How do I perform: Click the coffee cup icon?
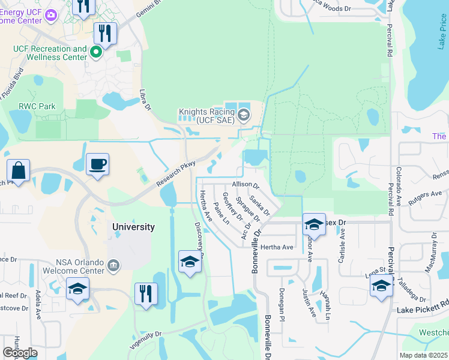[97, 164]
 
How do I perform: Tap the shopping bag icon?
[19, 170]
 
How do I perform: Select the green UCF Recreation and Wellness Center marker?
[95, 53]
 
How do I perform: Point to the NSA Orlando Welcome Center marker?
[113, 265]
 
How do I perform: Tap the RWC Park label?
[37, 106]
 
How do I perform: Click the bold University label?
[134, 227]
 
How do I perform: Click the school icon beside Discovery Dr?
[190, 262]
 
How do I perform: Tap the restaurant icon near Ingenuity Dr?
[146, 294]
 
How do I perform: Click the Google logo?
[20, 353]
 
